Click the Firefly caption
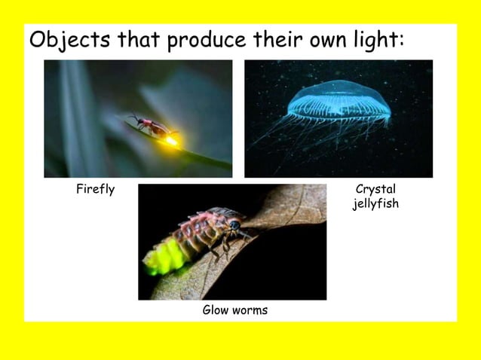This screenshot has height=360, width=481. click(x=95, y=190)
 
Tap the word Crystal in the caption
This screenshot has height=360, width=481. click(x=375, y=190)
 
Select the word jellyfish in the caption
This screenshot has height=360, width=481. click(x=375, y=203)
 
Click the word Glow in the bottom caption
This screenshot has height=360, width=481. click(x=216, y=310)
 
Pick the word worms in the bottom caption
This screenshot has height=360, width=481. click(x=250, y=310)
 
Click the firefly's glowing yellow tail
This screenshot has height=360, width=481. click(x=171, y=139)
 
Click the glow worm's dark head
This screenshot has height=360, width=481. click(x=236, y=225)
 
